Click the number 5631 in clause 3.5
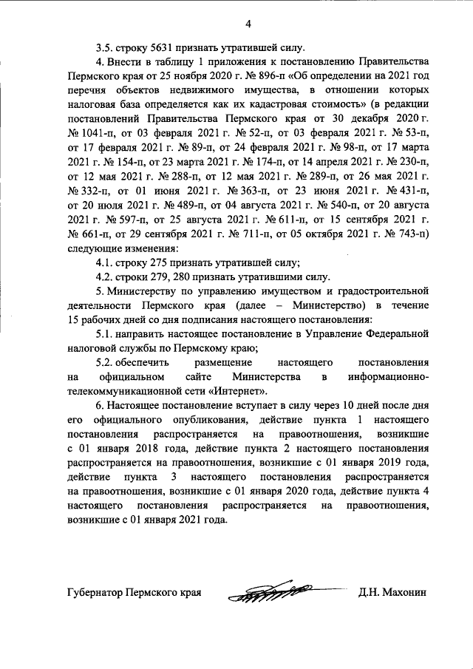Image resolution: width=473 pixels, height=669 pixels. point(162,46)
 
